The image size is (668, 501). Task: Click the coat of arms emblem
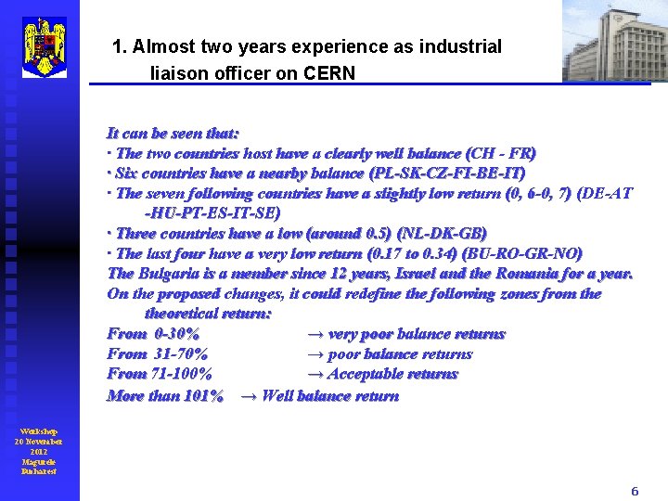click(44, 46)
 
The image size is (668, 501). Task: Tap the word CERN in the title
click(329, 73)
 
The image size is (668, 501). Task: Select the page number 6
click(635, 492)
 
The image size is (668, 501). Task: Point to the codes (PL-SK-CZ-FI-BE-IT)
click(447, 173)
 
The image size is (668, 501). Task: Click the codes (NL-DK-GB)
click(441, 234)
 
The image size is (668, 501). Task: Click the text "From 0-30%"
click(152, 334)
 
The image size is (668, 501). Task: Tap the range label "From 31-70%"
click(157, 353)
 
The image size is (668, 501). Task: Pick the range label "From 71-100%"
click(159, 374)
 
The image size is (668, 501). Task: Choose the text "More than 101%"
click(165, 396)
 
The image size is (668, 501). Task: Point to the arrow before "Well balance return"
click(249, 396)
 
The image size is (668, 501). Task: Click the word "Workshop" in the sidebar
click(39, 431)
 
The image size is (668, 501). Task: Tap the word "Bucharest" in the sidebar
click(39, 471)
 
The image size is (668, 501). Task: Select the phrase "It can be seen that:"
click(173, 134)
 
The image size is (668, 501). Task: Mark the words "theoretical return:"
click(208, 314)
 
